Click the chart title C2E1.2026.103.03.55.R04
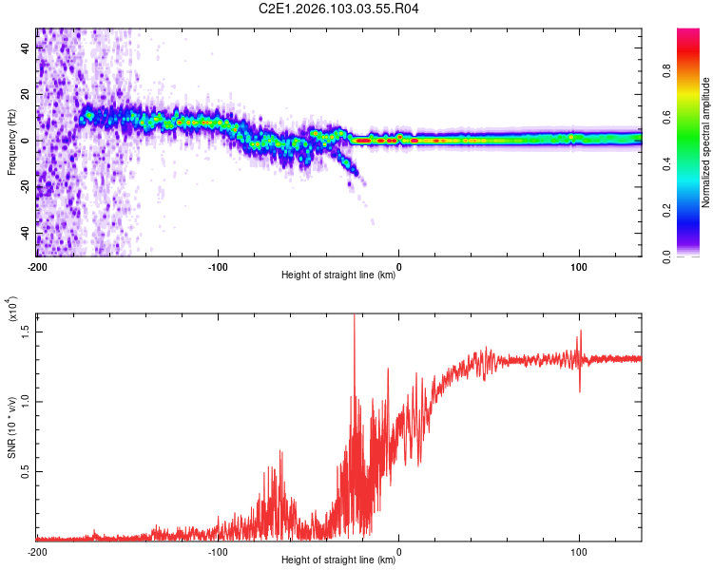point(339,9)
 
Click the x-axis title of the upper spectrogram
point(338,275)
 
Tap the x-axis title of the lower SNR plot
point(338,560)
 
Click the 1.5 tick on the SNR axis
point(28,330)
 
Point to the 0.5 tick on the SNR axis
point(28,470)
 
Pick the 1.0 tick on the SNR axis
point(28,400)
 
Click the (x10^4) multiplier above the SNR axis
point(12,309)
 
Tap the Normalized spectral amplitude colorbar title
point(705,142)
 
